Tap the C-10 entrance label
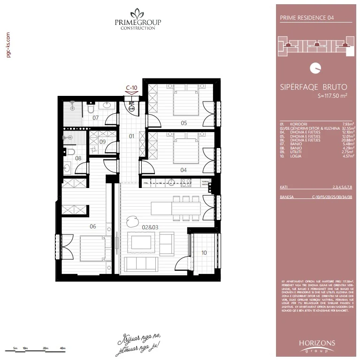(x=131, y=87)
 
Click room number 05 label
(x=184, y=123)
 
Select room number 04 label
(x=184, y=170)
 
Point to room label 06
(x=93, y=227)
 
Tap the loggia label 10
(x=204, y=252)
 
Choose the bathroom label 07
(x=95, y=117)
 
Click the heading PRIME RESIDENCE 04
(x=306, y=18)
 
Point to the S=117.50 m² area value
(x=332, y=96)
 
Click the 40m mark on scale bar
(x=62, y=348)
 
